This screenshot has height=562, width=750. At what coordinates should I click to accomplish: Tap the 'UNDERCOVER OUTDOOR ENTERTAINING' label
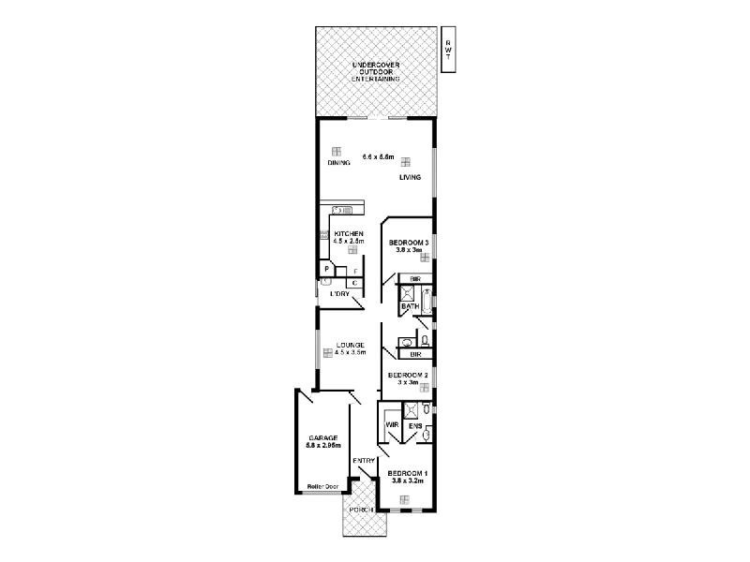tap(376, 72)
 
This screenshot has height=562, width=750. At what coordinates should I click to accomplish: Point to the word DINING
tap(339, 163)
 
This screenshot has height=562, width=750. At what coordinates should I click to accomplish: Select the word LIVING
tap(410, 177)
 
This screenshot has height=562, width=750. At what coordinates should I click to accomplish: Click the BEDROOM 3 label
tap(409, 244)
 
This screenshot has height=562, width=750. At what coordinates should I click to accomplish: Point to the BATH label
tap(410, 306)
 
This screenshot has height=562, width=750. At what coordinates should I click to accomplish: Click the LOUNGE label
tap(351, 345)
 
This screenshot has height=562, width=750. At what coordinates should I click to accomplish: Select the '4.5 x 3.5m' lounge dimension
tap(351, 352)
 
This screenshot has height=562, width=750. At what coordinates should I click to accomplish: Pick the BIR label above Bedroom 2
tap(415, 355)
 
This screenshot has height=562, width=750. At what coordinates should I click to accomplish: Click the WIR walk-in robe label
tap(392, 424)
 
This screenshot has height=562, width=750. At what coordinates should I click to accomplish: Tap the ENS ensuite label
tap(413, 425)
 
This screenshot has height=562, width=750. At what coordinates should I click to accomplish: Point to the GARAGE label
tap(322, 437)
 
